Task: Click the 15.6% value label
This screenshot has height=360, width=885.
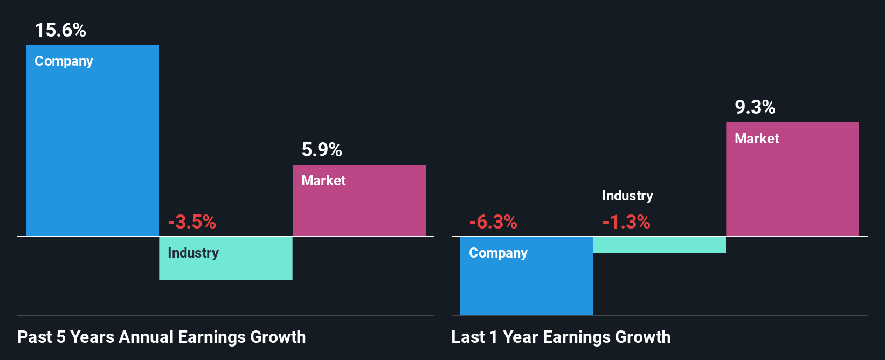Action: (60, 30)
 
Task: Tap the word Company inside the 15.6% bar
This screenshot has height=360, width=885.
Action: (64, 61)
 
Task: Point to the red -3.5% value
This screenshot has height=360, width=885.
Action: (192, 222)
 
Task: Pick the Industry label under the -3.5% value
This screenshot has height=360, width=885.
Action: (193, 253)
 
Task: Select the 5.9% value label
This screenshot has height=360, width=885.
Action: (322, 150)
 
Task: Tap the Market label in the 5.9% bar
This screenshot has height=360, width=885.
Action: (323, 181)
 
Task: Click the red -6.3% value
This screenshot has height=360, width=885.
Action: (493, 222)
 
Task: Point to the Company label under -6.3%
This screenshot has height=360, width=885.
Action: (498, 253)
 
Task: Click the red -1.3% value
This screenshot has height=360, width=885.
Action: (626, 222)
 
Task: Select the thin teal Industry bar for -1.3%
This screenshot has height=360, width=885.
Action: (659, 245)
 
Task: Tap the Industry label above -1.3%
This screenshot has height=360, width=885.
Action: (627, 196)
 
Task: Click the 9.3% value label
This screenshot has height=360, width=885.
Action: (755, 107)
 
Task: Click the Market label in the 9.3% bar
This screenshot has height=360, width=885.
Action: (757, 139)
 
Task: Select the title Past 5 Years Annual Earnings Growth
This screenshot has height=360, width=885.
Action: (162, 337)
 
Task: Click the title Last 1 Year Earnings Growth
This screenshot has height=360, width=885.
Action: (561, 337)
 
